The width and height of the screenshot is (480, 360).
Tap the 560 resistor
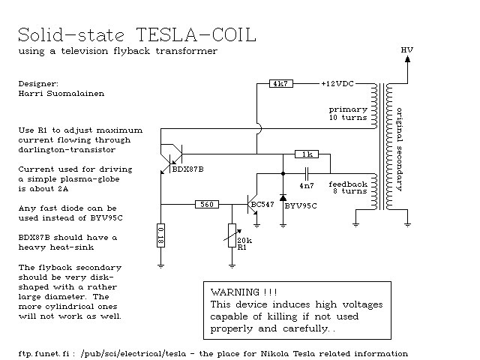tap(206, 203)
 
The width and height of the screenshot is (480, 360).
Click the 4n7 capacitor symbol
tap(306, 172)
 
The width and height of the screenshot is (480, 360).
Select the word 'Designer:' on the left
tap(38, 84)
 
